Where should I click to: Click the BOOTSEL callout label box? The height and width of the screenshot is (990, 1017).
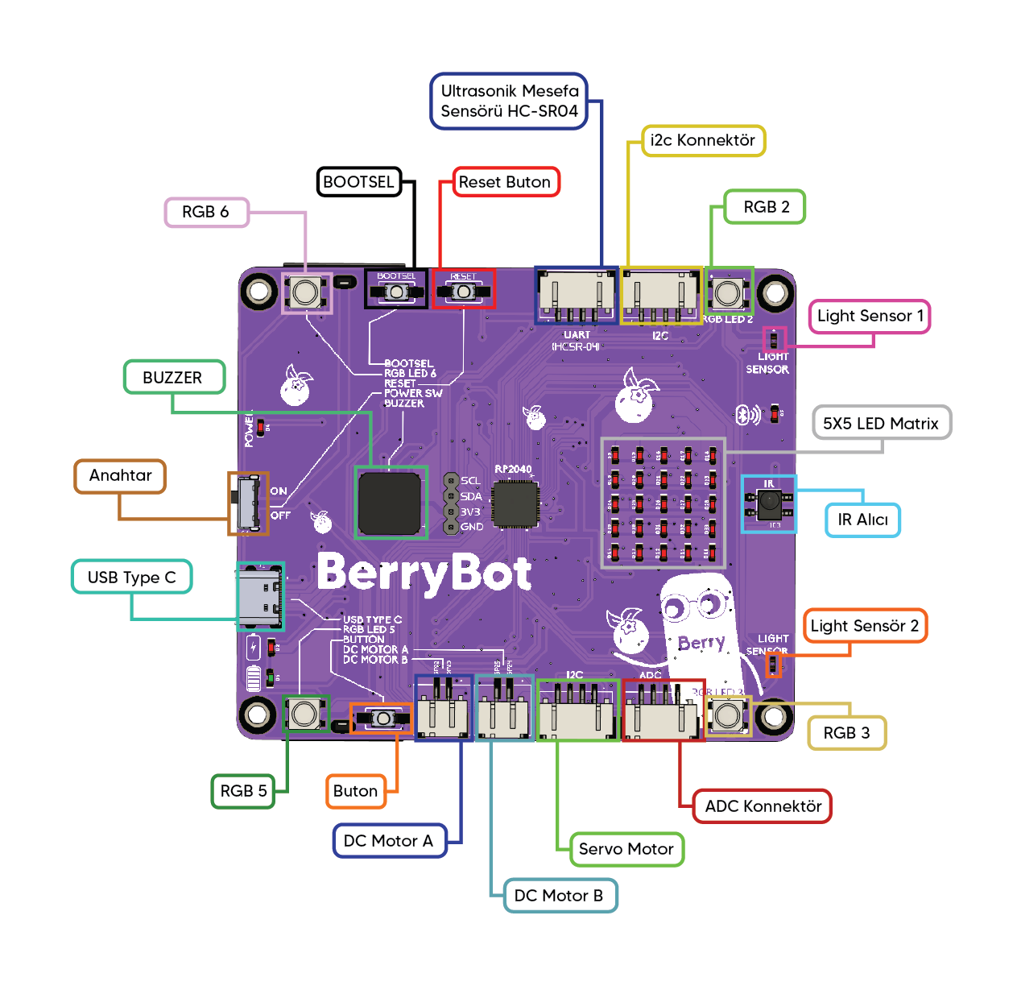(359, 182)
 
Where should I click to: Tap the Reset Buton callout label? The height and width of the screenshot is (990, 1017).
(505, 182)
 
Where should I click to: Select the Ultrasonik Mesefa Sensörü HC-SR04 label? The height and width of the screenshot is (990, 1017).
(509, 101)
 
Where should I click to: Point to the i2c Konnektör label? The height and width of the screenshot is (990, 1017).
(703, 140)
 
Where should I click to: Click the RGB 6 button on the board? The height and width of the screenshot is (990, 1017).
(306, 292)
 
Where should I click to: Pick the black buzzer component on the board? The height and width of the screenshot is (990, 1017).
(391, 503)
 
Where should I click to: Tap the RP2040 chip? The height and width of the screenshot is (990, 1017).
(515, 504)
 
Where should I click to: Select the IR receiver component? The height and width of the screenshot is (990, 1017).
(769, 503)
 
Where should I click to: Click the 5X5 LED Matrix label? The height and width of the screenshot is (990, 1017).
(881, 424)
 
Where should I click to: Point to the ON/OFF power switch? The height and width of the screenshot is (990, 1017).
(248, 503)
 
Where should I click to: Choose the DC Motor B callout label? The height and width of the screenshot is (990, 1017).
(559, 896)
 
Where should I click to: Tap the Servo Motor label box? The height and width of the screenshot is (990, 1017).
(626, 849)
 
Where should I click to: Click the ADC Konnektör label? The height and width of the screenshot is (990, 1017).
(763, 806)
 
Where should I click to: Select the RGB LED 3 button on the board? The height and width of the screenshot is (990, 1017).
(728, 715)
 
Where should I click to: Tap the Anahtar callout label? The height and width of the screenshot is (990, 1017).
(121, 476)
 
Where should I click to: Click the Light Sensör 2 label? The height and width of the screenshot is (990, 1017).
(865, 626)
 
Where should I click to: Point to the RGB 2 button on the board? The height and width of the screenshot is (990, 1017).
(729, 292)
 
